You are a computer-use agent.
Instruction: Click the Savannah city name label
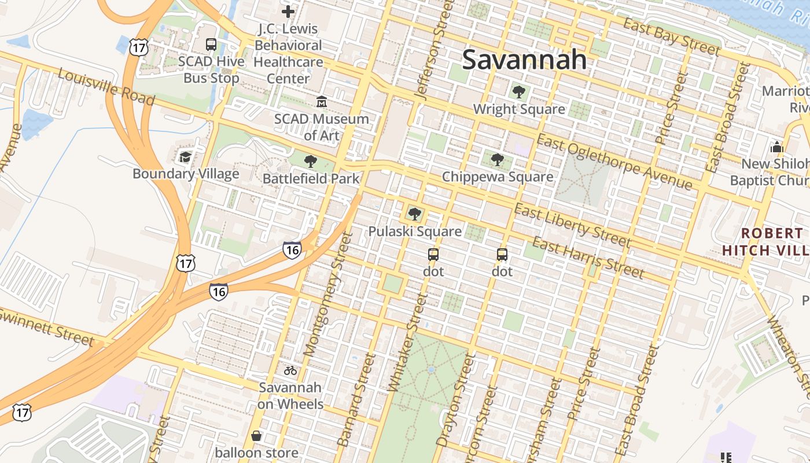(x=524, y=59)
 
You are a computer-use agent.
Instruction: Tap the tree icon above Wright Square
(x=518, y=91)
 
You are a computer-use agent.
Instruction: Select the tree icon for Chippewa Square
(x=497, y=160)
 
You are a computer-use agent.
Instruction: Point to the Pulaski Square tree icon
(x=414, y=214)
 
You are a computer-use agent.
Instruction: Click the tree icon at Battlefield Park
(x=311, y=161)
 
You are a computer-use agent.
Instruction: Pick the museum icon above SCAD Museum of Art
(x=322, y=102)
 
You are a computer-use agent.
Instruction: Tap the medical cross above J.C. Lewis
(x=288, y=11)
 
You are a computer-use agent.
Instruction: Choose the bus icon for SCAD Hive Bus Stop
(x=211, y=44)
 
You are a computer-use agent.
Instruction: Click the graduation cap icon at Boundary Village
(x=185, y=156)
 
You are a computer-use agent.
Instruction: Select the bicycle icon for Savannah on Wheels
(x=290, y=370)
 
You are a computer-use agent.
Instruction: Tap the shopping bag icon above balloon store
(x=256, y=435)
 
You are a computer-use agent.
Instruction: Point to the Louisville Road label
(x=106, y=87)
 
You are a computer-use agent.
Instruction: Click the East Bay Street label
(x=672, y=36)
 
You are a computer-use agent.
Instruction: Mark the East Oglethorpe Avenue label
(x=614, y=161)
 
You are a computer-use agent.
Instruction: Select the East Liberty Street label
(x=572, y=225)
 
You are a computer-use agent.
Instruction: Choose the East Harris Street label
(x=588, y=257)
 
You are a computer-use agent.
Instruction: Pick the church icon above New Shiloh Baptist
(x=776, y=147)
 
